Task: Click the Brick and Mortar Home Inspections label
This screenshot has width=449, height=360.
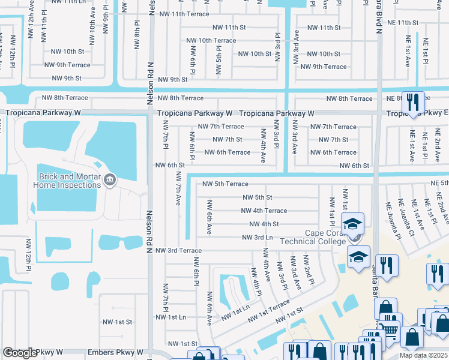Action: click(x=68, y=181)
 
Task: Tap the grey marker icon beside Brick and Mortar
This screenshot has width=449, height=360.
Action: click(x=109, y=179)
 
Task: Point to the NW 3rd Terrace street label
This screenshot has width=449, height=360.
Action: click(x=178, y=250)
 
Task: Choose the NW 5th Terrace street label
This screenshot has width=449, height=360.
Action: click(x=225, y=184)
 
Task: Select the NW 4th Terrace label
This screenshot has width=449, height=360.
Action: click(x=264, y=211)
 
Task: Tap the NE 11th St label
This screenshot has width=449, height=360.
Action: click(x=403, y=23)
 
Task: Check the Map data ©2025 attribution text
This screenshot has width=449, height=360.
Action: click(x=423, y=355)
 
